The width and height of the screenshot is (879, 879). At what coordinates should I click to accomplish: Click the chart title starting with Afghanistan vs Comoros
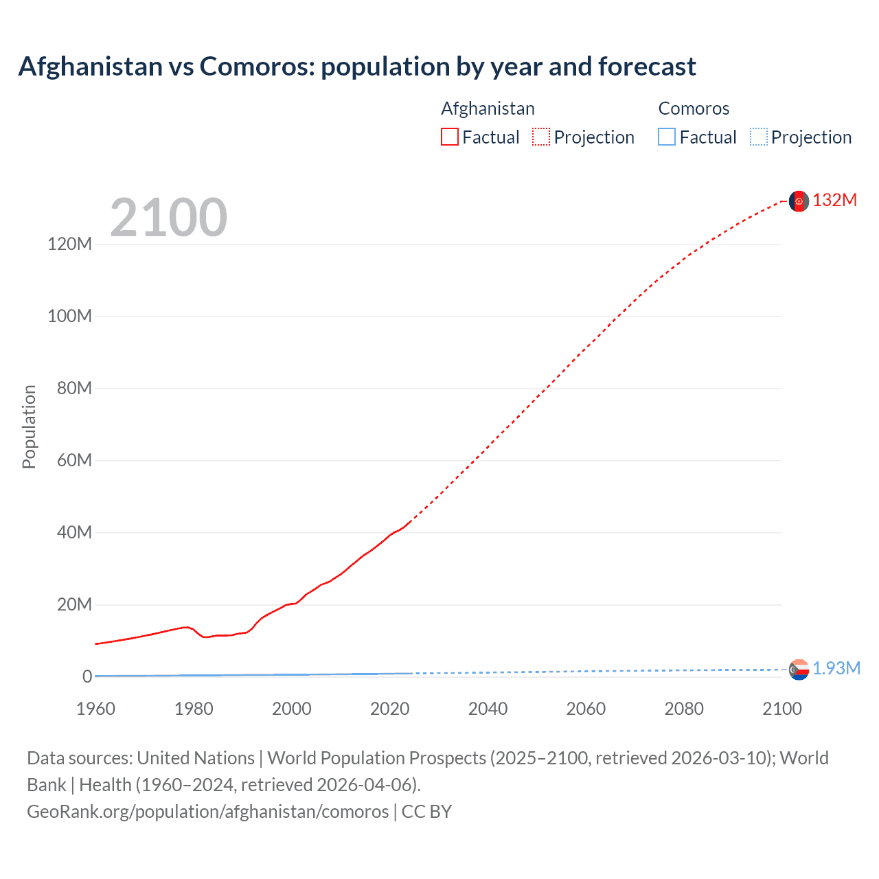tap(357, 67)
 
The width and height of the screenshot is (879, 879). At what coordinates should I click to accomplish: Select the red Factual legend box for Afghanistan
tap(449, 137)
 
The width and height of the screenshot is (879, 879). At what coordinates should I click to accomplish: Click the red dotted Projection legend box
tap(541, 137)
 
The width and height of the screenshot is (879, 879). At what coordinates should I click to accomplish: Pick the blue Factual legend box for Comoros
tap(667, 137)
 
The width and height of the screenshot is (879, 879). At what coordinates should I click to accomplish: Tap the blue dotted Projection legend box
tap(759, 137)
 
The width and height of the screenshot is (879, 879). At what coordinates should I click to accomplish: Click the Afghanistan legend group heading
tap(488, 109)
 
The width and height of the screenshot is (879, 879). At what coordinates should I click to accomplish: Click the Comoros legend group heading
tap(694, 109)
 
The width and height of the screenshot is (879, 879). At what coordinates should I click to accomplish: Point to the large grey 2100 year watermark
tap(168, 218)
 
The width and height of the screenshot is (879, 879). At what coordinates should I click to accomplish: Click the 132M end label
tap(834, 200)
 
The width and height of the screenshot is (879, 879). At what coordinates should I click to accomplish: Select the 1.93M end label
tap(836, 668)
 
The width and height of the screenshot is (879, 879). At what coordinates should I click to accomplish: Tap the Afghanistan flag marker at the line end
tap(799, 201)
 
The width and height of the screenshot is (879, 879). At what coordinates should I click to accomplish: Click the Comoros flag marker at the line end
tap(799, 670)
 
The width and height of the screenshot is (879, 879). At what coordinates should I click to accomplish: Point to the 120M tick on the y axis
tap(69, 244)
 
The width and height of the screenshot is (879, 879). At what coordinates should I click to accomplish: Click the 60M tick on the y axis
tap(73, 460)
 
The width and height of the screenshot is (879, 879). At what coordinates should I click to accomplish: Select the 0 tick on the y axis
tap(87, 676)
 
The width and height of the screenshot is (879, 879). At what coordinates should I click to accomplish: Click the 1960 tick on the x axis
tap(95, 709)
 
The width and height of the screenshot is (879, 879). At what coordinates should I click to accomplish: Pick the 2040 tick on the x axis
tap(488, 709)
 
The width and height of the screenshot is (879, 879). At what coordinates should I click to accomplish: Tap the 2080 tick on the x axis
tap(684, 709)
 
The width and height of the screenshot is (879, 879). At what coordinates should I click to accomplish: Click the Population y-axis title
tap(29, 426)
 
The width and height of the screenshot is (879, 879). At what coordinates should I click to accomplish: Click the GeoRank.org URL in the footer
tap(208, 812)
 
